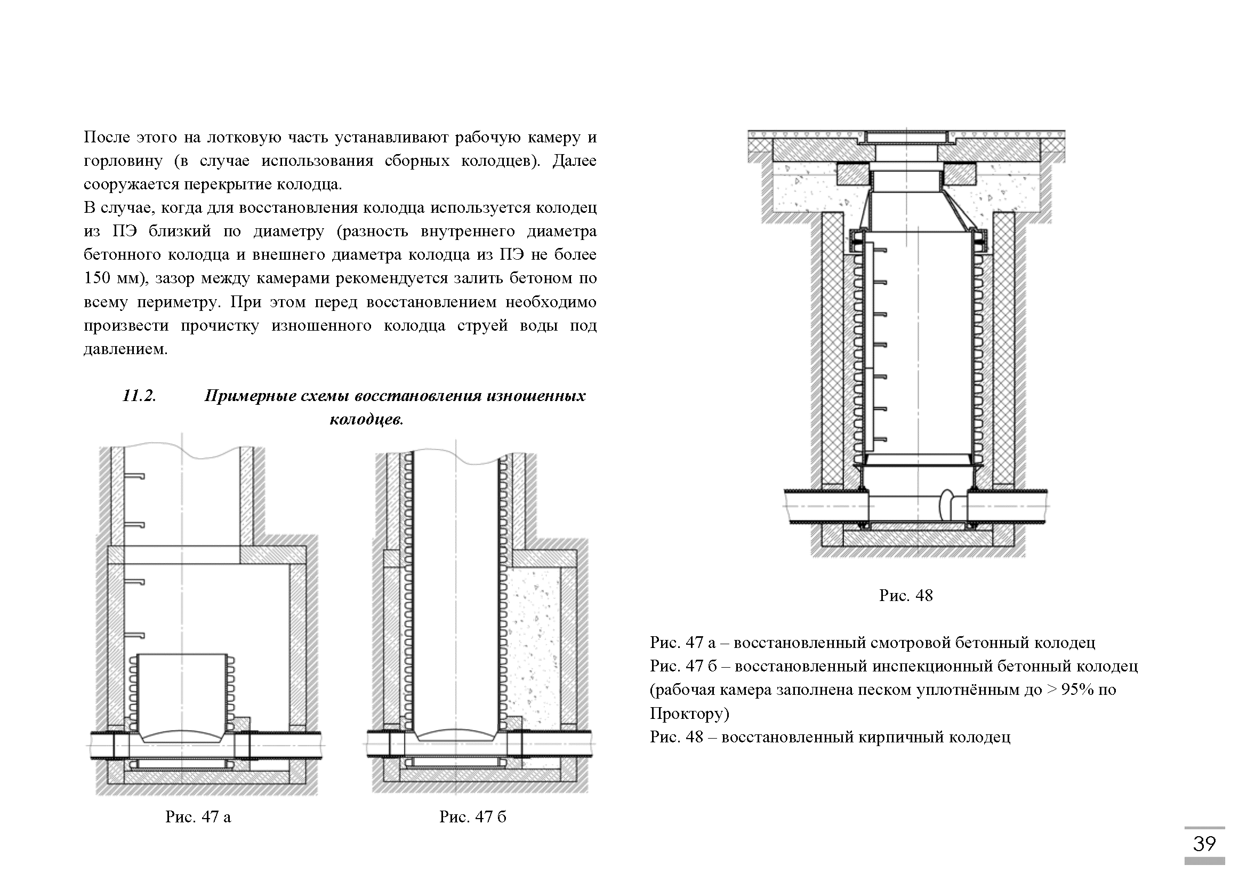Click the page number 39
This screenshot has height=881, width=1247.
tap(1204, 844)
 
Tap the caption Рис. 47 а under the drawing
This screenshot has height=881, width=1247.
tap(198, 817)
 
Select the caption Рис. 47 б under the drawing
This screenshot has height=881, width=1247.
tap(472, 817)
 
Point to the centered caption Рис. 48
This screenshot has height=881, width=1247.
tap(906, 596)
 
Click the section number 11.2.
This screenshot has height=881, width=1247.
tap(139, 396)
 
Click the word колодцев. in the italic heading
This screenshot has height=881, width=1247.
tap(367, 419)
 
